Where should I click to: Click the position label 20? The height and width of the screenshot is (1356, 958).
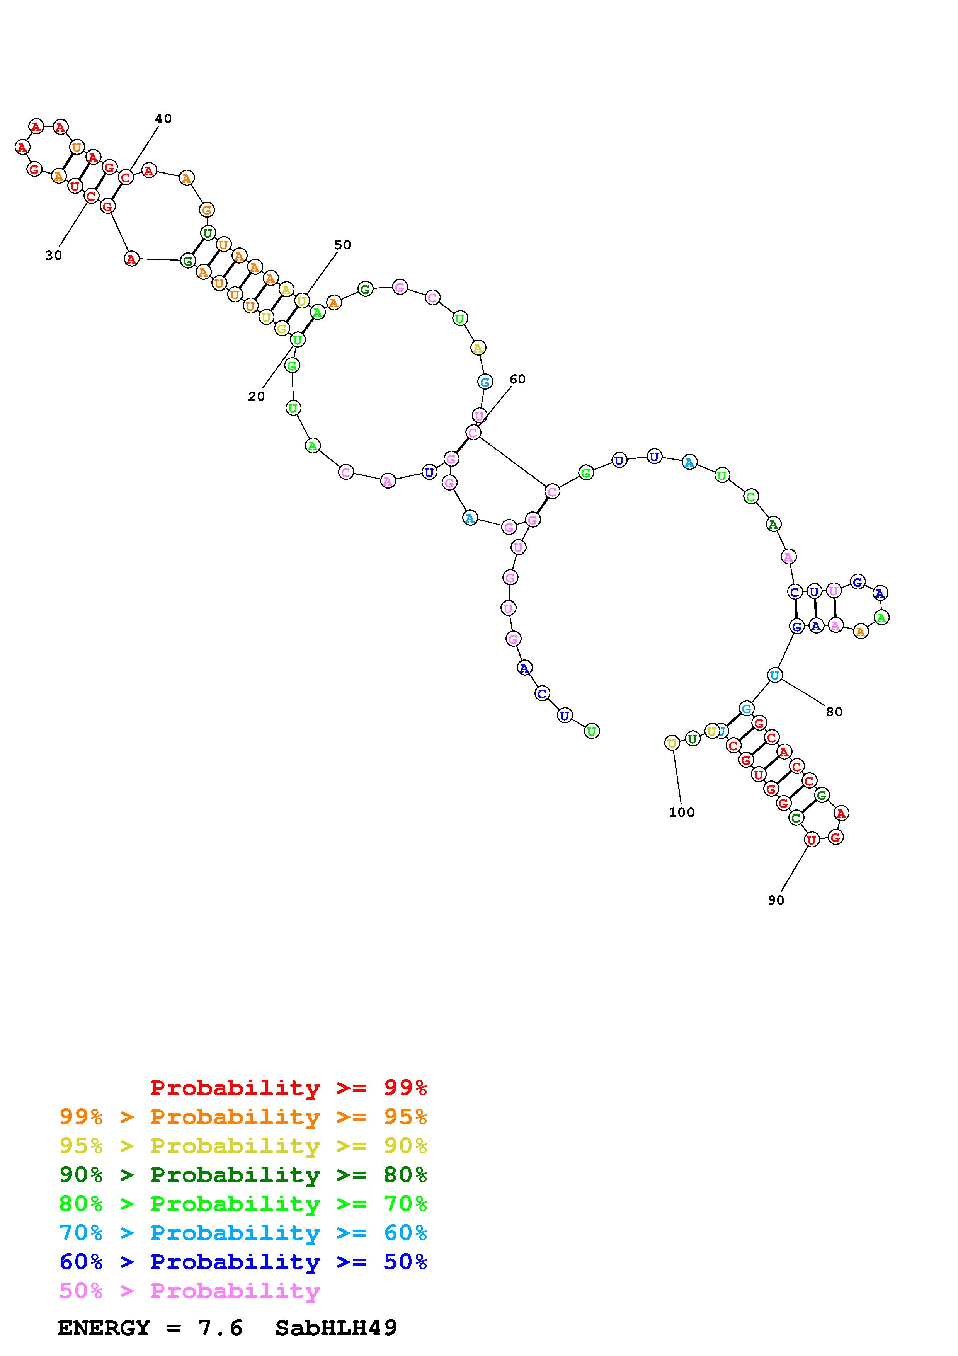(x=256, y=397)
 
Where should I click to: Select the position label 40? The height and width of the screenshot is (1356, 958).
(x=163, y=119)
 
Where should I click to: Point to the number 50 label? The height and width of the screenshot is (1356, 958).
(x=342, y=245)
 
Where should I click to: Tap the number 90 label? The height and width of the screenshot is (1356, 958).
(x=776, y=900)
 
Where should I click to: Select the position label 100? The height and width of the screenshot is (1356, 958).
(x=682, y=813)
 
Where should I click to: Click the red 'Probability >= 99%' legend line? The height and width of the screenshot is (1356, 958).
(x=289, y=1088)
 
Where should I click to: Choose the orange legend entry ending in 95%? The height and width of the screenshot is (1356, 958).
(x=243, y=1117)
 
